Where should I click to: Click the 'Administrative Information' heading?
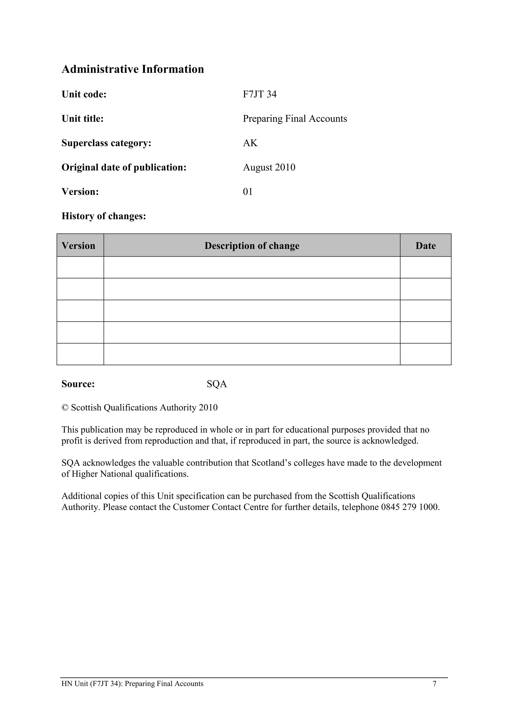[x=133, y=69]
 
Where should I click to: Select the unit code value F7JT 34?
[x=260, y=94]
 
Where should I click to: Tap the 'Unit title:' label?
[x=83, y=119]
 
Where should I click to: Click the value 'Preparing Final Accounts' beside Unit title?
[x=295, y=119]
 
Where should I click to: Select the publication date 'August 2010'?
[x=269, y=167]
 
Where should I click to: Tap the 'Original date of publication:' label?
[x=124, y=167]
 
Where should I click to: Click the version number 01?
[x=248, y=192]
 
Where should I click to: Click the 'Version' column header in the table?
[x=79, y=246]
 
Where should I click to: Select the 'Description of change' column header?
[x=252, y=246]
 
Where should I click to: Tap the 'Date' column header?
[x=425, y=246]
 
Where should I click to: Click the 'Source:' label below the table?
[x=78, y=384]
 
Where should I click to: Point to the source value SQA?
[x=217, y=384]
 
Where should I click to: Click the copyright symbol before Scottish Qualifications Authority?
[x=65, y=408]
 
